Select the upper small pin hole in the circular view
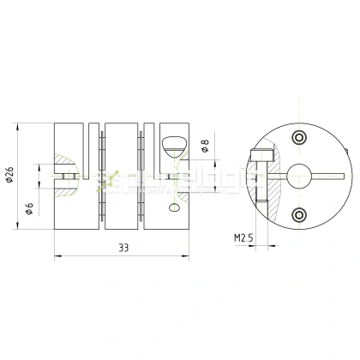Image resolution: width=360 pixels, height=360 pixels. coord(298,138)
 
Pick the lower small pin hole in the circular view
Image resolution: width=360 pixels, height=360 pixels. coord(298,214)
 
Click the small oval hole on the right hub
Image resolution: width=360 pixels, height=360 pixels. coord(175,207)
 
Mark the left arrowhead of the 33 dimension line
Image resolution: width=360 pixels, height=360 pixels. coord(57,255)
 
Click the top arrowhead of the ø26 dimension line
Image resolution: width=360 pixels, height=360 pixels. coord(17,127)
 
